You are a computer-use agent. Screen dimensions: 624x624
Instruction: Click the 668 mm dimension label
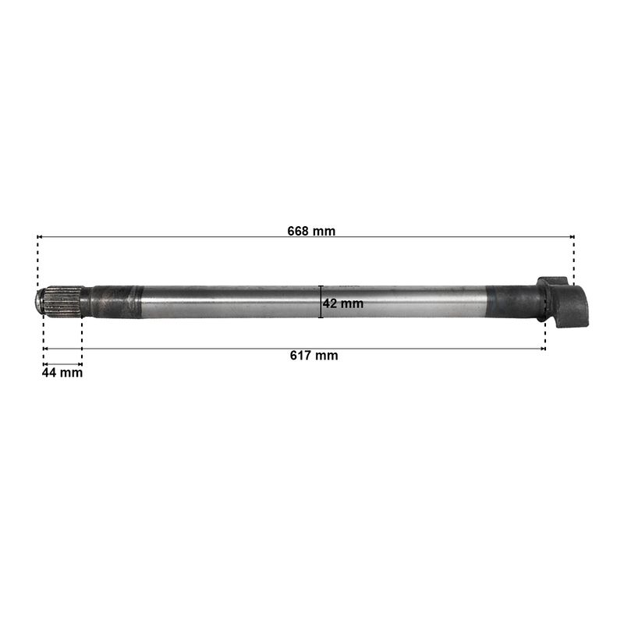[311, 231]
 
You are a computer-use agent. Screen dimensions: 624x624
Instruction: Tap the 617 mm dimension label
[314, 355]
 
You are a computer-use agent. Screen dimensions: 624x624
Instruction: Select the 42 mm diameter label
[342, 303]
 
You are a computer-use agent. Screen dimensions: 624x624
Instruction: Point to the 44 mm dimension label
[62, 373]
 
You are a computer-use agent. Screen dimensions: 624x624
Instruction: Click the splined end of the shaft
[63, 302]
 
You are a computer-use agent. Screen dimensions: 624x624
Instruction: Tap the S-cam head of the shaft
[562, 302]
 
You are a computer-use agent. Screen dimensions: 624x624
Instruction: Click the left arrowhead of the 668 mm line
[39, 237]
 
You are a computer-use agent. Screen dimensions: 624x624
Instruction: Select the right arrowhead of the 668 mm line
[572, 237]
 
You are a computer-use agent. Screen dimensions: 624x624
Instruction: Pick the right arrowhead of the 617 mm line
[543, 349]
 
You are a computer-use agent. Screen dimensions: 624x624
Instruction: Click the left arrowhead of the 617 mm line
[45, 349]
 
